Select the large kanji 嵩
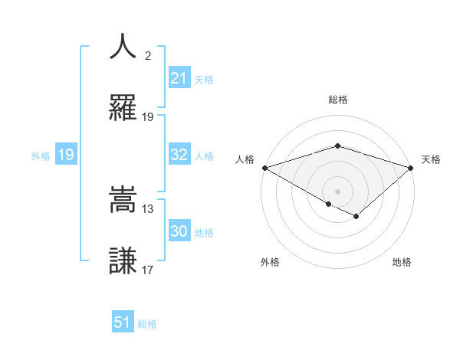click(x=123, y=200)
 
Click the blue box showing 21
click(x=179, y=78)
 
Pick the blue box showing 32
click(x=179, y=155)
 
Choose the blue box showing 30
click(x=179, y=232)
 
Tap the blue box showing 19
click(x=65, y=155)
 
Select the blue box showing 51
click(x=123, y=323)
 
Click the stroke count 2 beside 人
click(x=147, y=56)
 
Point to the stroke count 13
click(x=148, y=209)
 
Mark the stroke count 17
click(x=148, y=270)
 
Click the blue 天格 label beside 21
click(x=204, y=79)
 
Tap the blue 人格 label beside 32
click(x=204, y=155)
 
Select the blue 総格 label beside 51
click(x=147, y=324)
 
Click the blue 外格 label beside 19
click(x=41, y=156)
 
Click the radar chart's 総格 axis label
click(x=337, y=100)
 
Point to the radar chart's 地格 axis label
click(x=402, y=262)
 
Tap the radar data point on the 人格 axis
click(x=264, y=167)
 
